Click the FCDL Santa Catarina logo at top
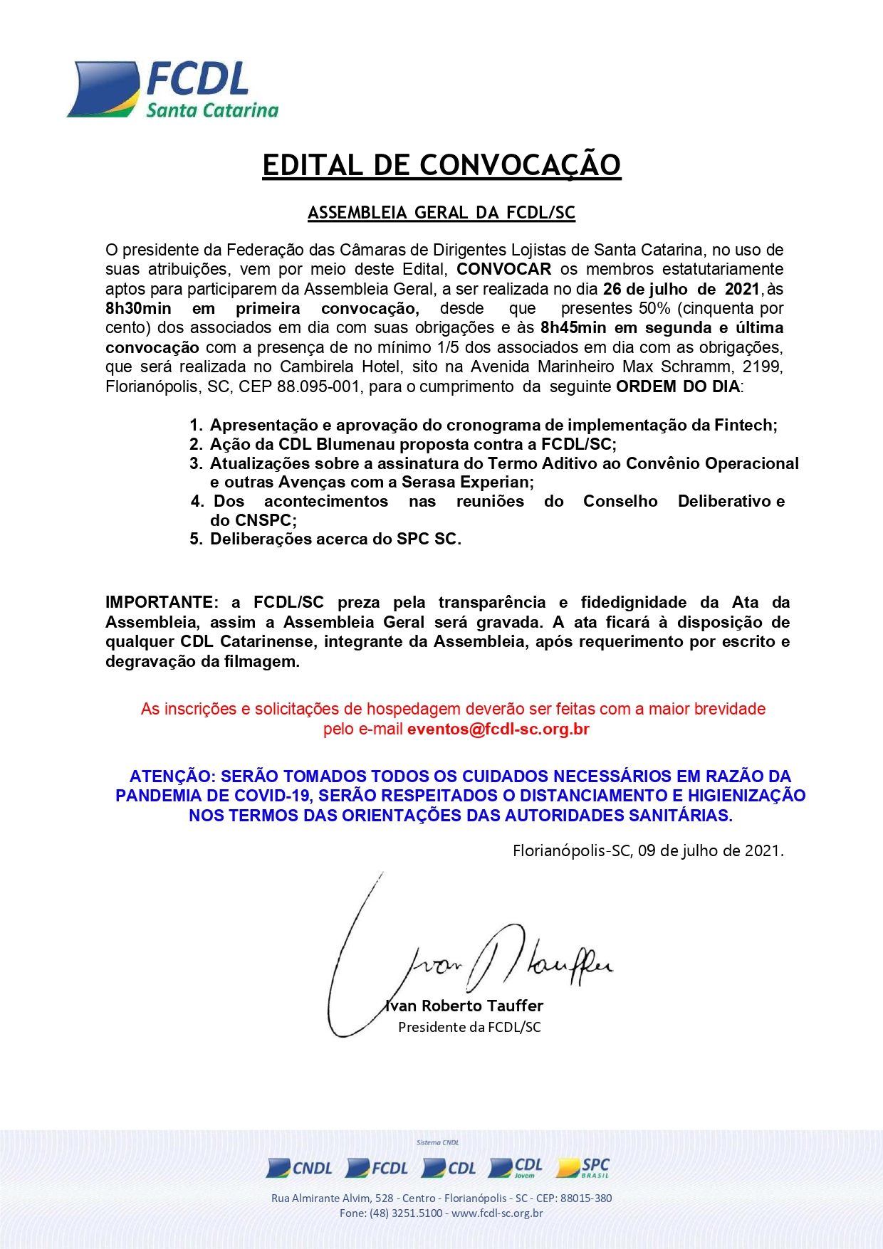click(173, 90)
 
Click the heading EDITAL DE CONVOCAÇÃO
click(441, 165)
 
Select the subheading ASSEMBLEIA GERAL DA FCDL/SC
click(441, 213)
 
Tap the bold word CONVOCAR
click(503, 269)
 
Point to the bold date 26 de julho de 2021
click(681, 289)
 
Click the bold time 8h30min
click(138, 308)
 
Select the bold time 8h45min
click(573, 327)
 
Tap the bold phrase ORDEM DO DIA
click(678, 386)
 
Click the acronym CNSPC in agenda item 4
click(263, 520)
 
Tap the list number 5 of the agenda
click(195, 539)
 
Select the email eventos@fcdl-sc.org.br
click(498, 729)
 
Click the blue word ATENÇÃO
click(172, 776)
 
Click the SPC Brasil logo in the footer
click(583, 1168)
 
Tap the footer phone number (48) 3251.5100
click(406, 1213)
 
